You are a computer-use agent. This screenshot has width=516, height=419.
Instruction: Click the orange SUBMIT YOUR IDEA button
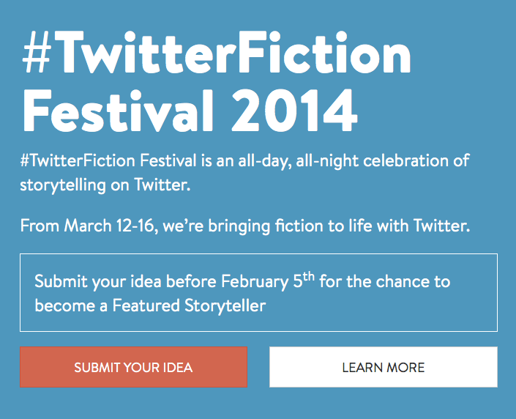[x=133, y=367]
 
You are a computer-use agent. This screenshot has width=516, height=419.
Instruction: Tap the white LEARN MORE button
[x=383, y=367]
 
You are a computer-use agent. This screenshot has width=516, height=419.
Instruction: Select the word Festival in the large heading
[x=107, y=111]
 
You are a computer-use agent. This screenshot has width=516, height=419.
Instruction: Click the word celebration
[x=411, y=160]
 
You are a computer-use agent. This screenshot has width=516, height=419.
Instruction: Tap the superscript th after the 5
[x=308, y=277]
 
